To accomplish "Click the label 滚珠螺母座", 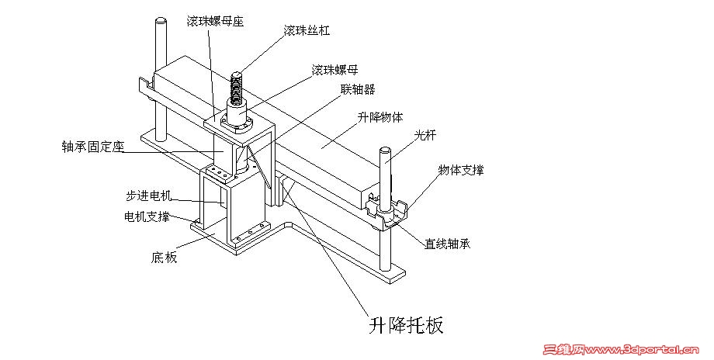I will click(216, 22).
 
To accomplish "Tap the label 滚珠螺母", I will click(334, 70).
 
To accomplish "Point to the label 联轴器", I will click(358, 89).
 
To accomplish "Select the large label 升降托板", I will click(406, 324).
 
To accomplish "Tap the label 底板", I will click(164, 258).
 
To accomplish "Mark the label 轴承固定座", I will click(92, 147).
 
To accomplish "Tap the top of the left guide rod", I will click(161, 23).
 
